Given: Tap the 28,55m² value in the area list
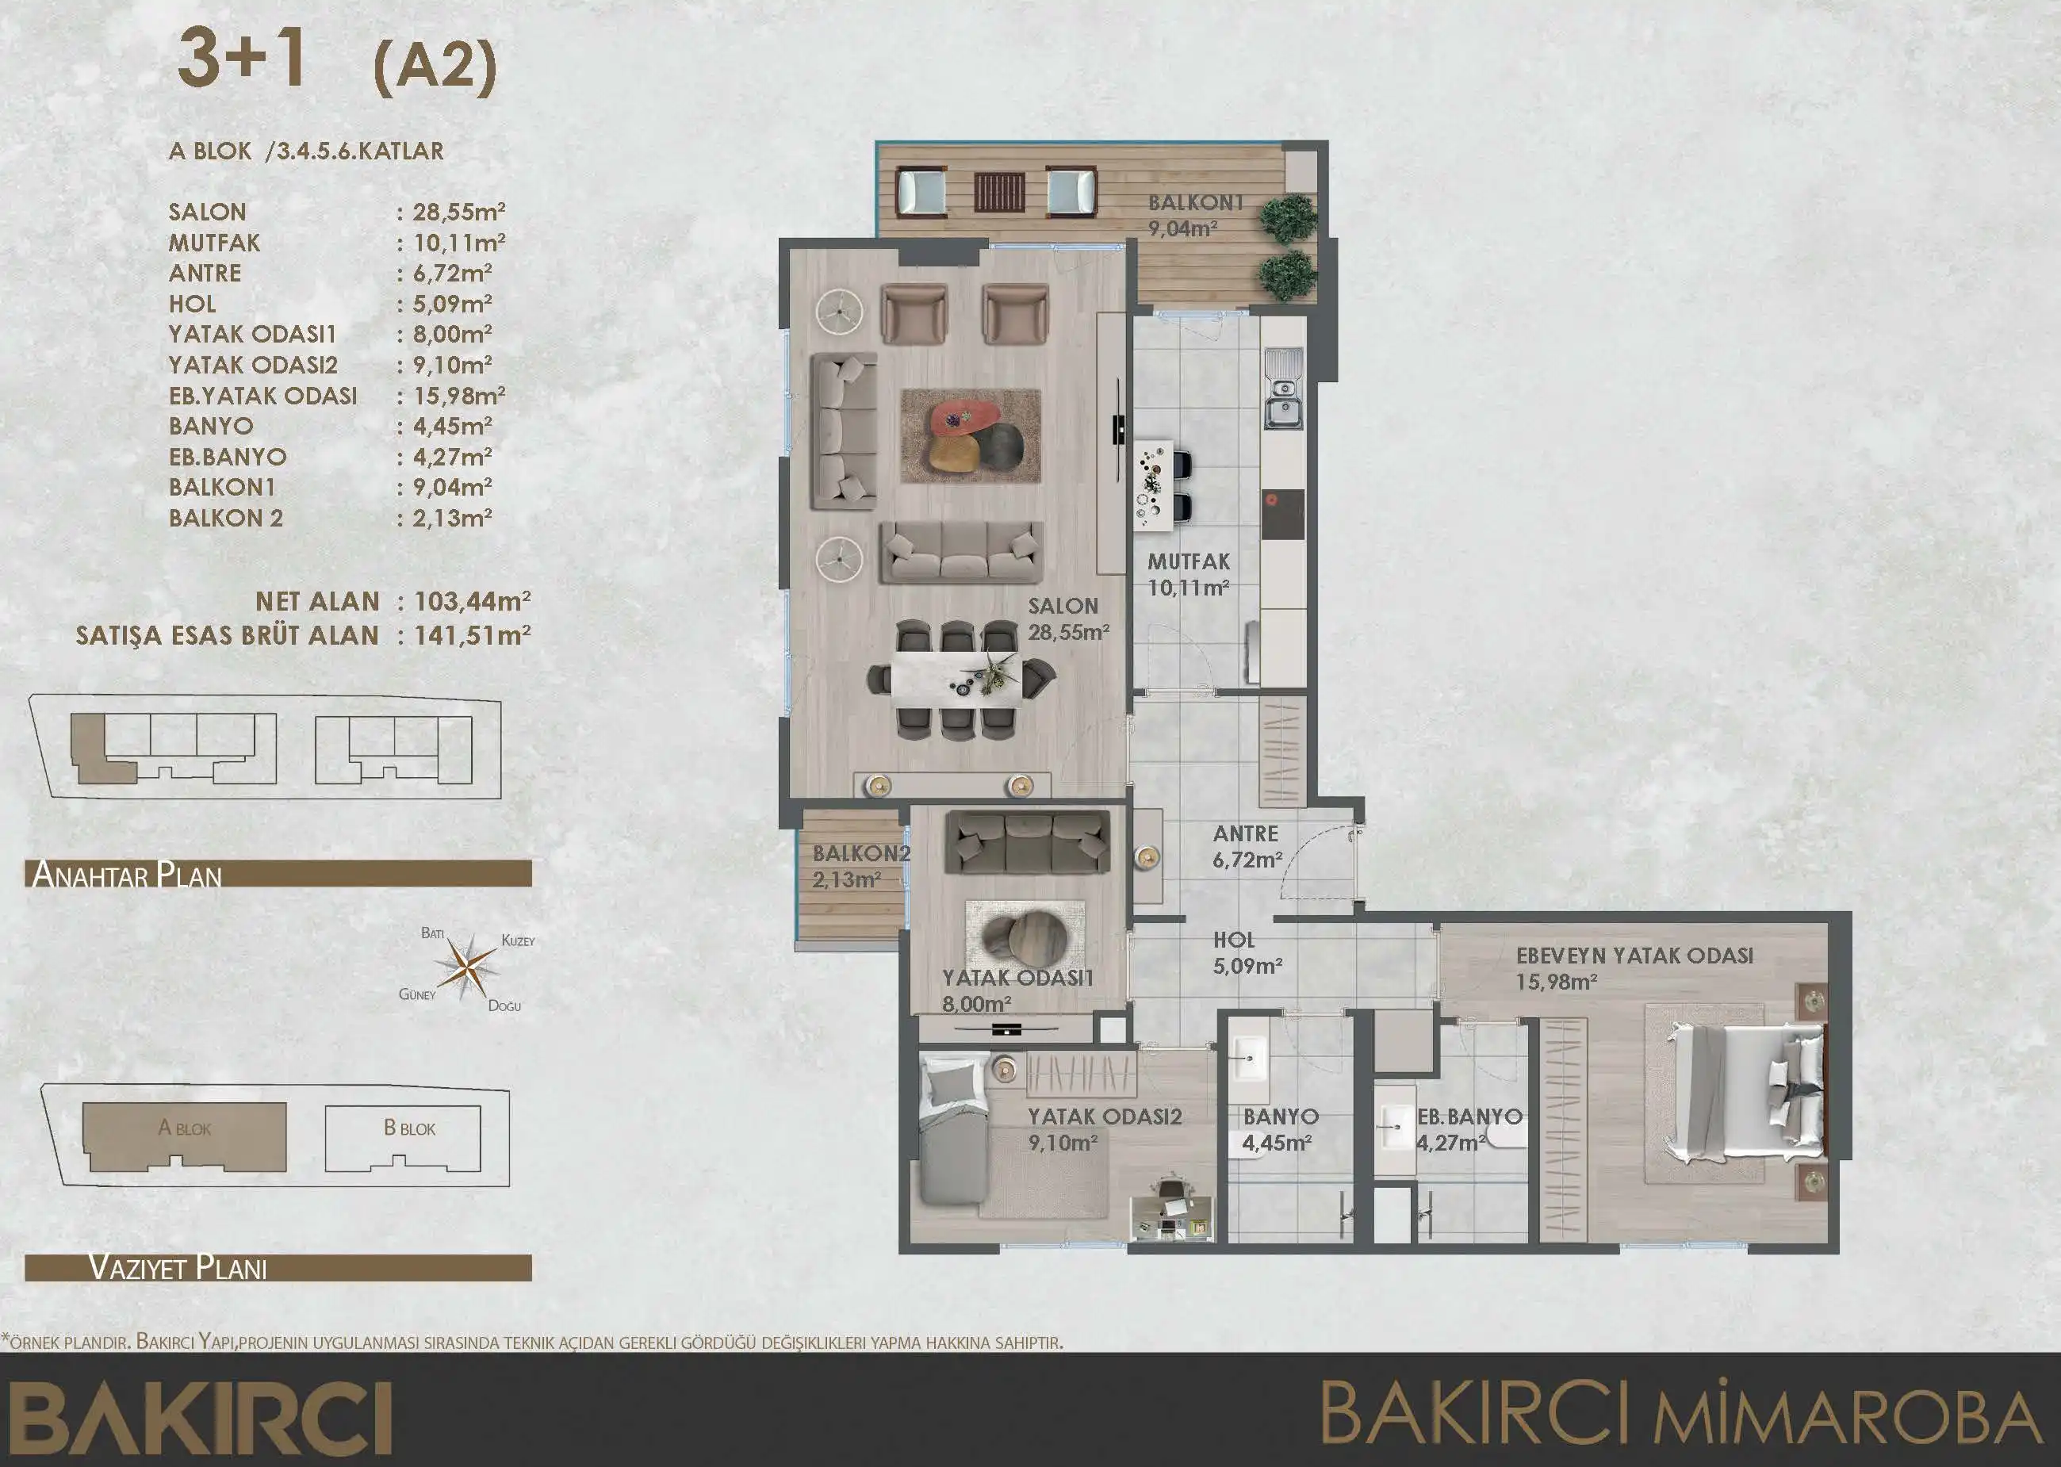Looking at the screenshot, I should coord(458,213).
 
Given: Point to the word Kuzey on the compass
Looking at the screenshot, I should coord(518,940).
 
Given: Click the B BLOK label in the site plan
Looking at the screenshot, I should coord(409,1128).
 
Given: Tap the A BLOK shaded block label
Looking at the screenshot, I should coord(184,1128).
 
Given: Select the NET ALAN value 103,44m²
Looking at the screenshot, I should coord(472,602).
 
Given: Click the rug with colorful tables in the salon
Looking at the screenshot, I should coord(970,435).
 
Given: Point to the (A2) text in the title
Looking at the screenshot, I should coord(435,66).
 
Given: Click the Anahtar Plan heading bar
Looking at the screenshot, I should coord(278,874).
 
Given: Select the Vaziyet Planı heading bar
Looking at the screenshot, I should coord(278,1267).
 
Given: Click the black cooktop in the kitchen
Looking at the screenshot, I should coord(1282,514).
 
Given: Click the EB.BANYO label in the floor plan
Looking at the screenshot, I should coord(1469,1117).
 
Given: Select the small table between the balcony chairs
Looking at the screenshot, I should coord(999,192).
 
